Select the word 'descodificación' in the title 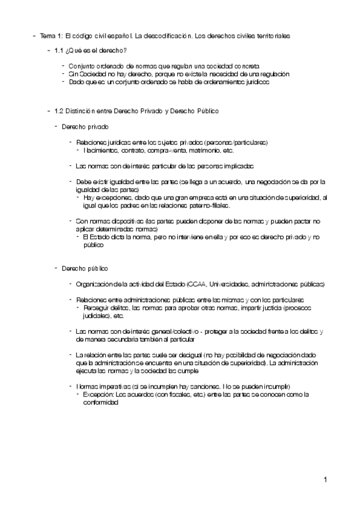click(175, 36)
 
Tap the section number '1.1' click(59, 51)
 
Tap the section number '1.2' click(59, 111)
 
